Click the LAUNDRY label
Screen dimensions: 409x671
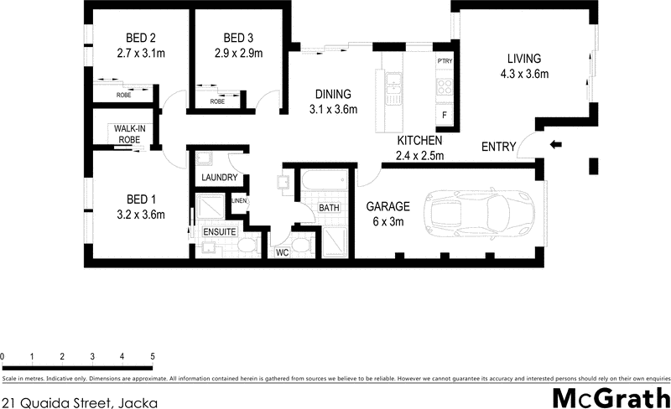(x=221, y=179)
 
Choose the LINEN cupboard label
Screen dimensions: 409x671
(x=239, y=200)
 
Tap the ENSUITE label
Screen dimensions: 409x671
(x=220, y=230)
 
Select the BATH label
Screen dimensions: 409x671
(x=328, y=207)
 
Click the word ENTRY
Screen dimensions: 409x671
(x=498, y=148)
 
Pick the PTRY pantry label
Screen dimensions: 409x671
(x=445, y=61)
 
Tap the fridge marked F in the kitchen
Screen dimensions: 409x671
(x=445, y=114)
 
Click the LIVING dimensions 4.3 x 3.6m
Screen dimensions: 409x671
(x=524, y=74)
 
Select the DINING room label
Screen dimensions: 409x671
(x=333, y=94)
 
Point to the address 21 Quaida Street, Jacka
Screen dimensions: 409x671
(x=79, y=401)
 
